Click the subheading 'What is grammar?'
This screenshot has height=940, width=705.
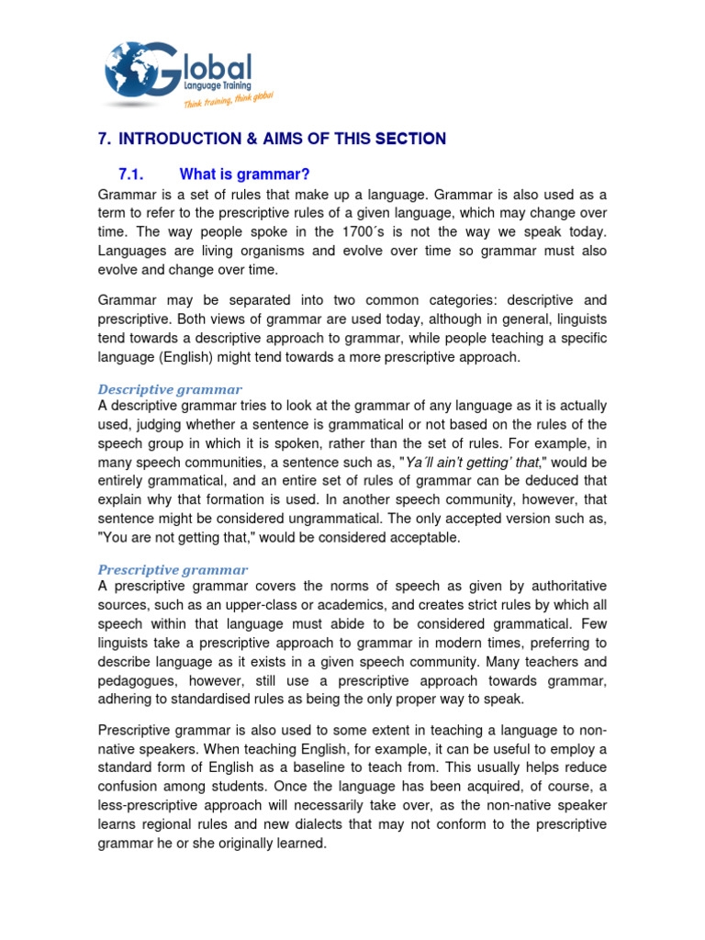244,174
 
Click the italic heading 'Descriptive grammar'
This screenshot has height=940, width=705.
170,389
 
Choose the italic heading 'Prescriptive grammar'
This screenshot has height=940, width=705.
173,569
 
